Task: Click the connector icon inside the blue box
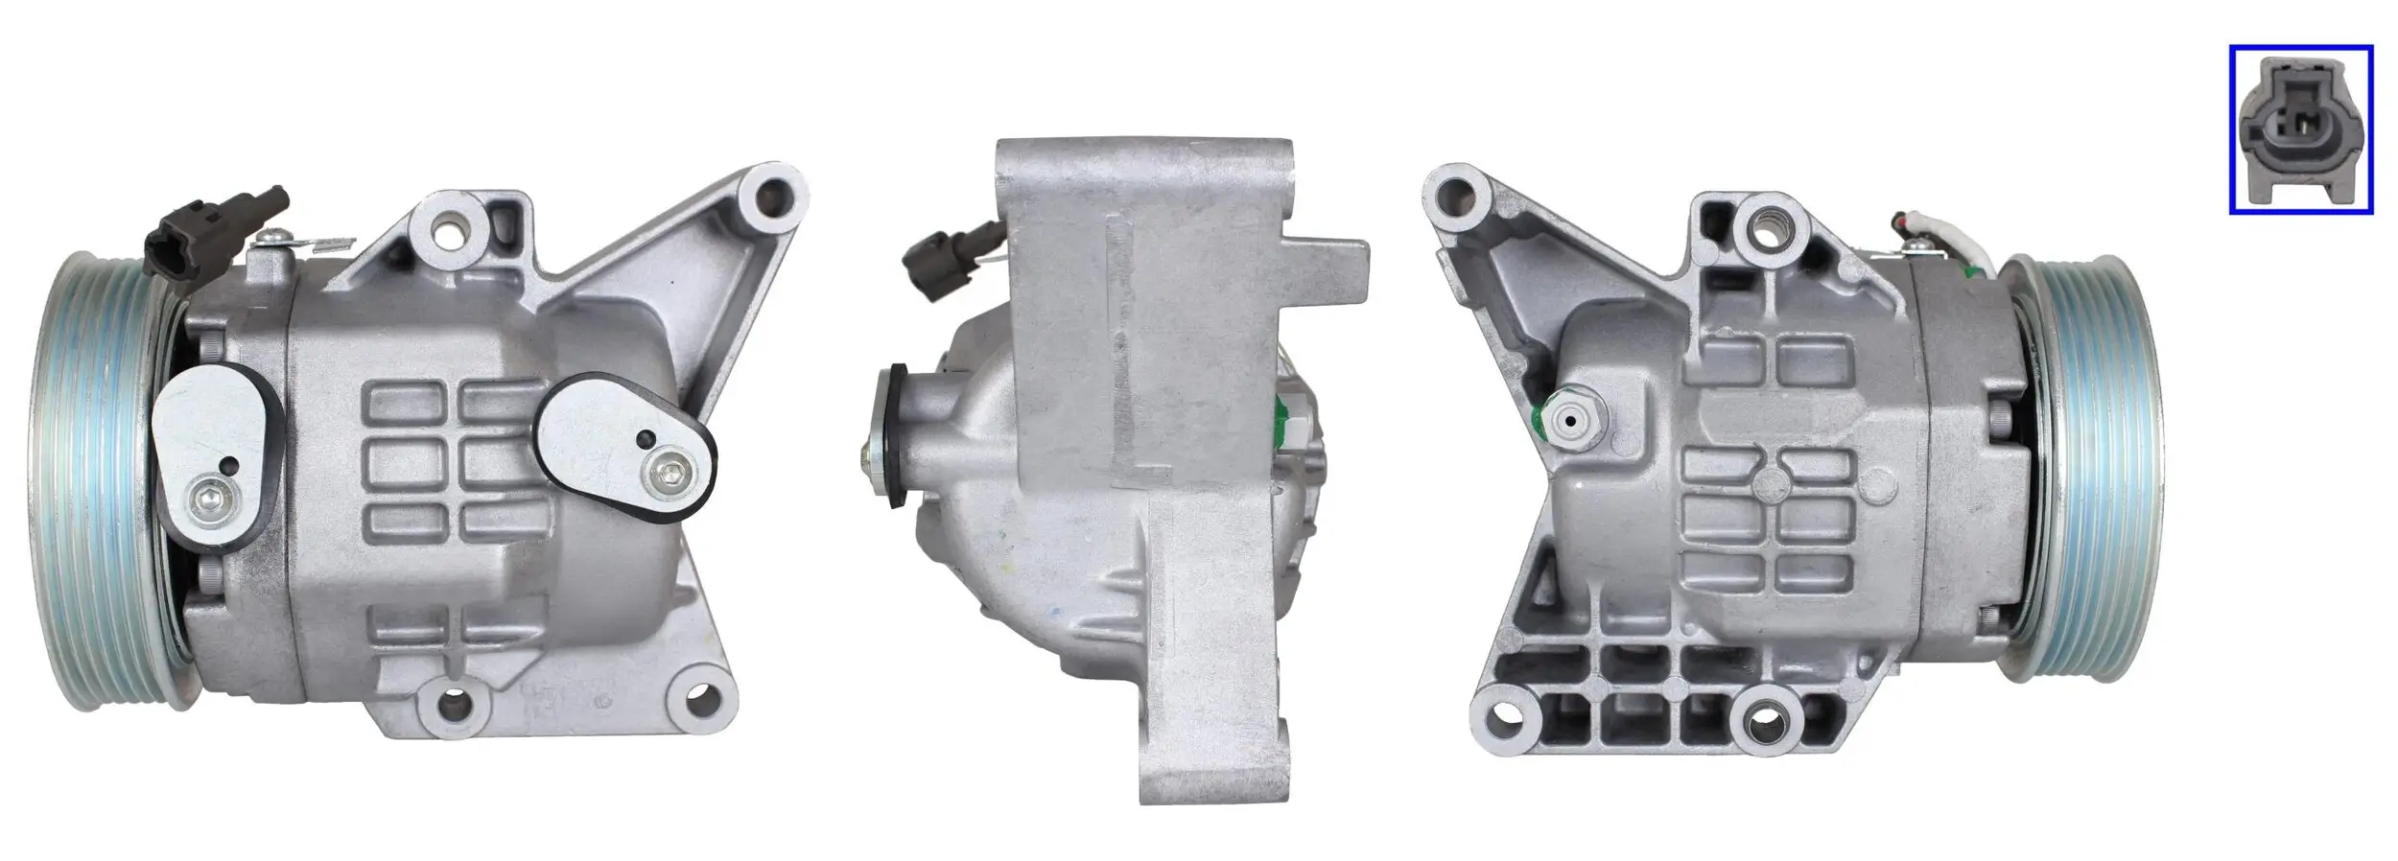[2299, 142]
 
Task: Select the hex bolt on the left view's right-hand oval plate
[667, 470]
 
